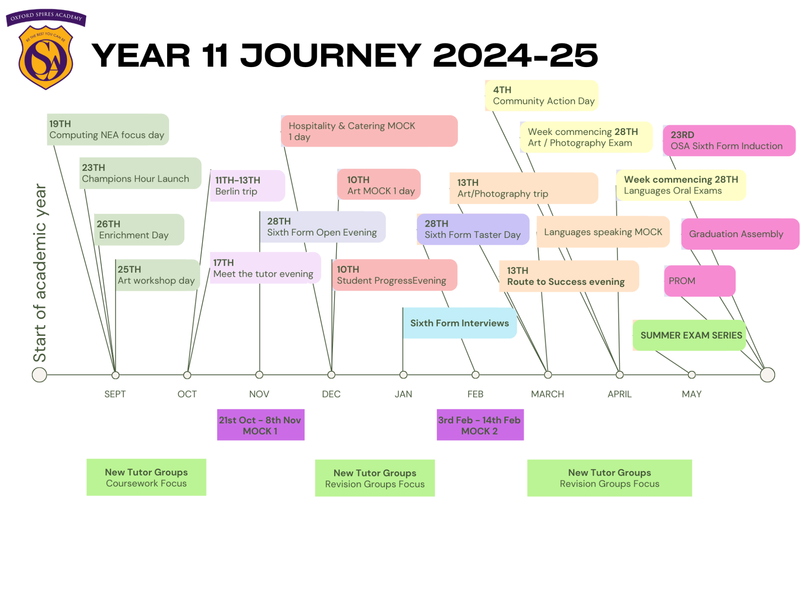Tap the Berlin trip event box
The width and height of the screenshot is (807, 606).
click(x=247, y=186)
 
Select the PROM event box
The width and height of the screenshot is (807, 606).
click(x=700, y=281)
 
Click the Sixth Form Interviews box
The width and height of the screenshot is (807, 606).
click(x=460, y=323)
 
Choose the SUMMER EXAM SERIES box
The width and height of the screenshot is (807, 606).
click(x=689, y=335)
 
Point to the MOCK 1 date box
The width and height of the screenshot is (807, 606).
click(x=261, y=425)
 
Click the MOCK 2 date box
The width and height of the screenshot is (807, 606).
click(x=480, y=425)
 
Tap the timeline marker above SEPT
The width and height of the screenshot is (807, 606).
click(x=115, y=375)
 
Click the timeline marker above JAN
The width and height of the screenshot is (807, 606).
click(x=403, y=375)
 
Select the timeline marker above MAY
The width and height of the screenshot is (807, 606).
click(x=692, y=375)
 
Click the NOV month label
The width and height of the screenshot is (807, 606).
click(x=259, y=394)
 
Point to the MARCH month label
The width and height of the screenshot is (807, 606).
click(x=548, y=394)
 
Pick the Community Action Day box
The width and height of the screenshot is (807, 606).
click(x=541, y=96)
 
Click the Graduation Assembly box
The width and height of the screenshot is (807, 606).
click(x=740, y=234)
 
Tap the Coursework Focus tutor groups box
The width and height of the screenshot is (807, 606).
click(x=146, y=478)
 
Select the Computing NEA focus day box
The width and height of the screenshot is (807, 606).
click(x=108, y=130)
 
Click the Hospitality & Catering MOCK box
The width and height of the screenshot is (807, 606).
click(x=369, y=131)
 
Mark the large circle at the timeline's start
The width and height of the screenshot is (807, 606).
click(x=40, y=375)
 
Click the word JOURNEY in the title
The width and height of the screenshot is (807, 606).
click(x=331, y=55)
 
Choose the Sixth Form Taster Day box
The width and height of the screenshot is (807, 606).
click(x=473, y=229)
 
